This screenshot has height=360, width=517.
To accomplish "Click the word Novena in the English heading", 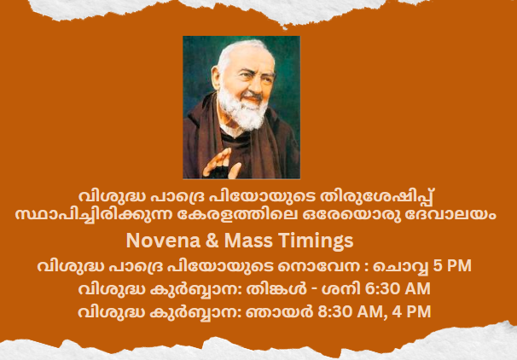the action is point(163,241).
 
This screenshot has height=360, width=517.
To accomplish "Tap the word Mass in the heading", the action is point(248,241).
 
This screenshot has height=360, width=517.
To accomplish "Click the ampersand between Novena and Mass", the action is point(212,241).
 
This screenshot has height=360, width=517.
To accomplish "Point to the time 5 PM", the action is point(452,265).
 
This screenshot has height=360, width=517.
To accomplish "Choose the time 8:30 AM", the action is point(349,311).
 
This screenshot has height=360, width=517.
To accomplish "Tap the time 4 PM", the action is point(411,311).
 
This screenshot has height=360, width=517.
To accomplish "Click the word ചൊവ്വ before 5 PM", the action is point(401,266).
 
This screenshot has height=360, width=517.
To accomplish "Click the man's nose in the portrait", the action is point(257,85).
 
